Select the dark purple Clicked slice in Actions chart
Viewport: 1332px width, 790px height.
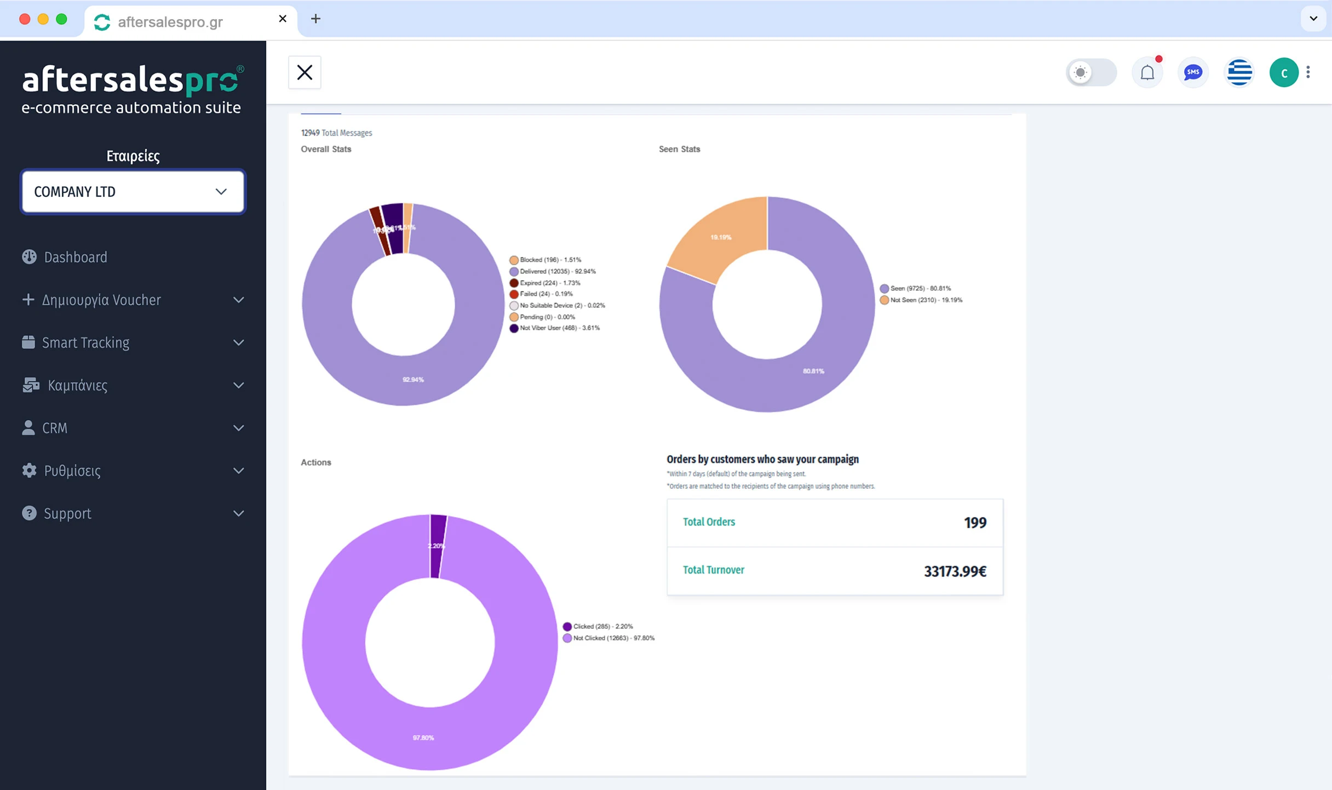[437, 546]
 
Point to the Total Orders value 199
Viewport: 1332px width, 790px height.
[974, 523]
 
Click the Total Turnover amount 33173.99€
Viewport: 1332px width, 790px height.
[955, 571]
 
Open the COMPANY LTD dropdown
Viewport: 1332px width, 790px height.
[133, 192]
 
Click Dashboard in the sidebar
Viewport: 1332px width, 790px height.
[75, 257]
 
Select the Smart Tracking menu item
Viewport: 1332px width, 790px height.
[85, 342]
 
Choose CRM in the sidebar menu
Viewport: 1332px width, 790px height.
[55, 428]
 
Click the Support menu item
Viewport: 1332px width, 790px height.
[67, 513]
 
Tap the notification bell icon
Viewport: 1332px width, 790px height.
[1147, 72]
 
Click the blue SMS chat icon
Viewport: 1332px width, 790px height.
[1193, 72]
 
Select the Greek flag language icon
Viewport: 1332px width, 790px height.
[1239, 72]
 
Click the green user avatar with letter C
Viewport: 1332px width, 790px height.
[1283, 72]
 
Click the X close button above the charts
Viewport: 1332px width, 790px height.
[305, 72]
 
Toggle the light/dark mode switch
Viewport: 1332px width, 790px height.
[1091, 72]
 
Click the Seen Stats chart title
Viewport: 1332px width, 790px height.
[679, 149]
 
